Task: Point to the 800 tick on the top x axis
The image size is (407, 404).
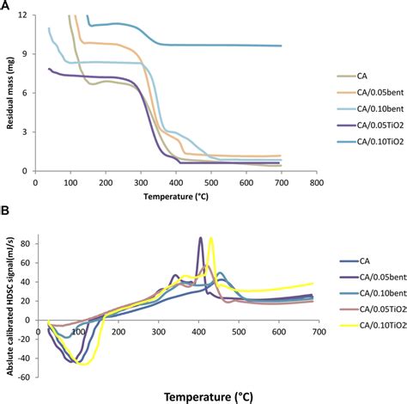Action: click(316, 182)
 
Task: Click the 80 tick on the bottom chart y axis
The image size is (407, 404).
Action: click(34, 244)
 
